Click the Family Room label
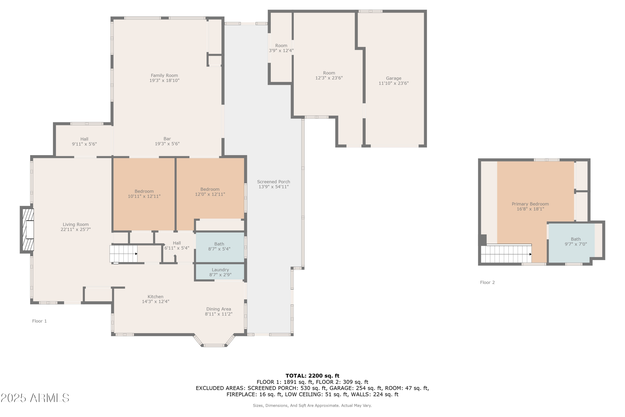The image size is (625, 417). point(164,75)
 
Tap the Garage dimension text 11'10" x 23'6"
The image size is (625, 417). point(393,83)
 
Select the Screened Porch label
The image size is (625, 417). point(273,182)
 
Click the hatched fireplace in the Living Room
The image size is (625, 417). point(28,230)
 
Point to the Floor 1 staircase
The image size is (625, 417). point(124,254)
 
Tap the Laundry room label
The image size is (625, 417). point(220,270)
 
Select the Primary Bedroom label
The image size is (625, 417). point(530,204)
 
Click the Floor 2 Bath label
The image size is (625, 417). point(576,239)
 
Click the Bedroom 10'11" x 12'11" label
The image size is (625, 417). point(144,191)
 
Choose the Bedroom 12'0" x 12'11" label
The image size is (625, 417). point(210,189)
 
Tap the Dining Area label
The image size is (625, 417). point(218,309)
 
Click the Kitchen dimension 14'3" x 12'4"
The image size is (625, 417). point(155,301)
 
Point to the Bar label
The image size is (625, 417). point(167,139)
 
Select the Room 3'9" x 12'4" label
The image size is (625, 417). point(281,46)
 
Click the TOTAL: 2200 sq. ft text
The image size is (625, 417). point(312,376)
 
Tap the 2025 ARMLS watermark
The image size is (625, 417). point(35,398)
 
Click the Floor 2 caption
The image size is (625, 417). point(487,283)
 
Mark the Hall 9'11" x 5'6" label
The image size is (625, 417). point(84,139)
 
